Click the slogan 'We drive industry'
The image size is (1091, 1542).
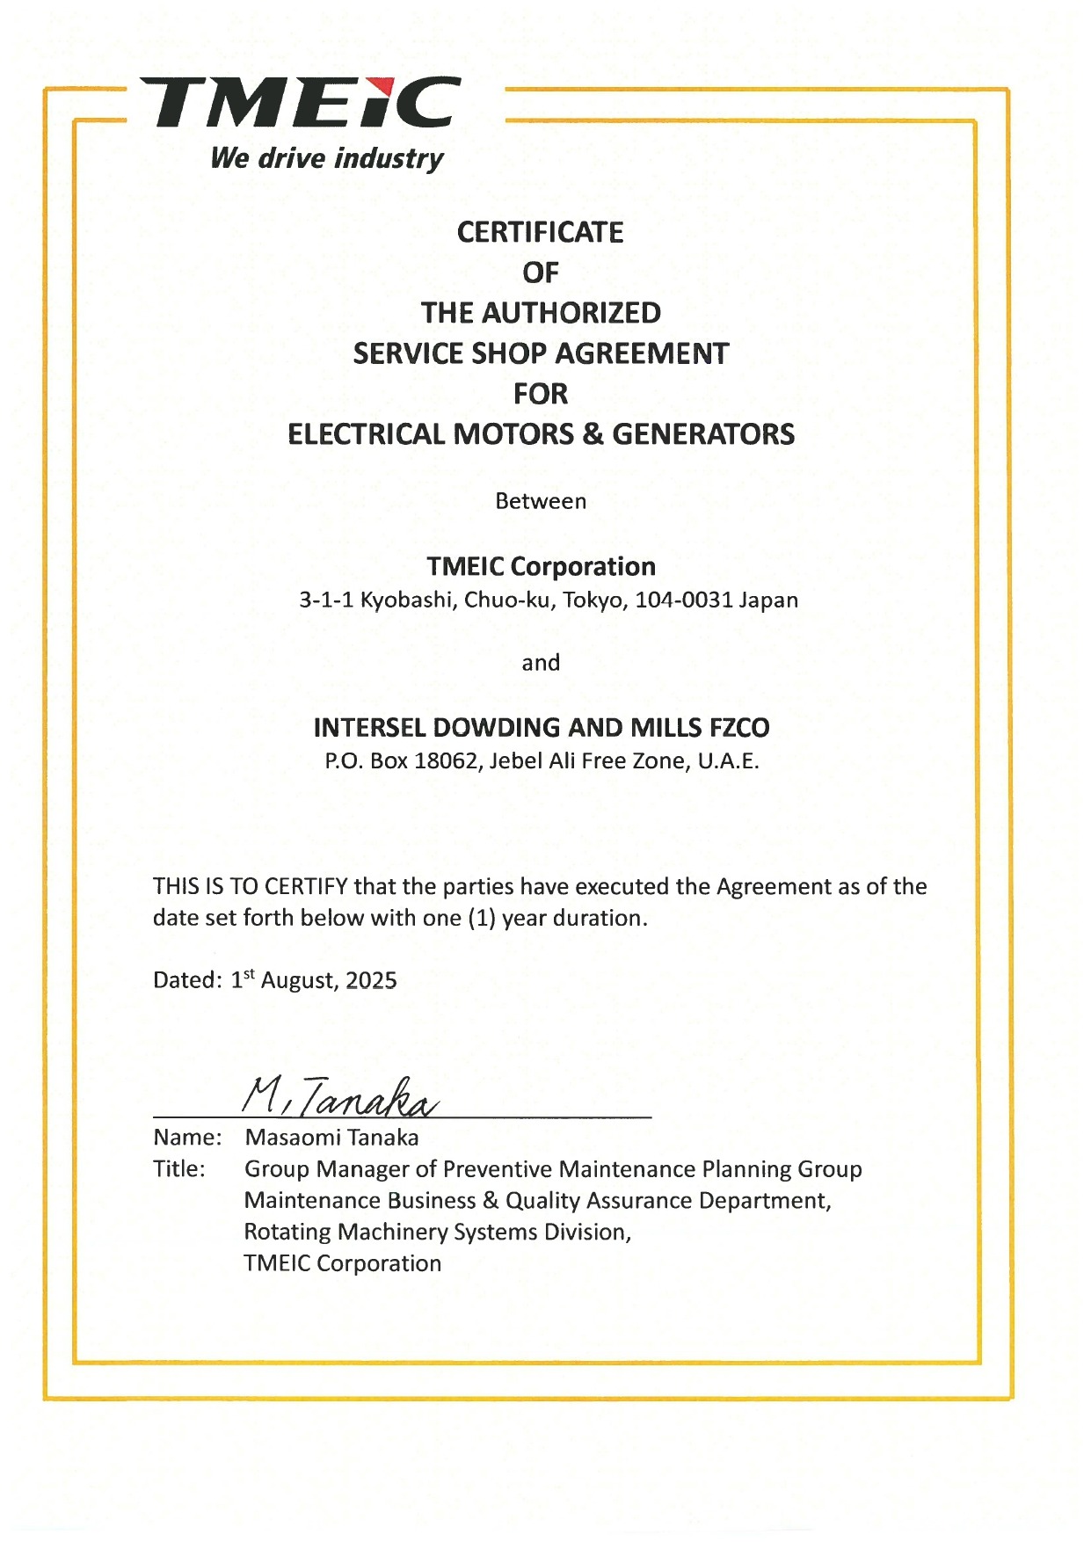click(327, 158)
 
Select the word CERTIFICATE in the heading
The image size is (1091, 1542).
click(540, 232)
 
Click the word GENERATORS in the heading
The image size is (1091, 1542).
click(702, 434)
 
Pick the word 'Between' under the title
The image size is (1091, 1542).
click(541, 501)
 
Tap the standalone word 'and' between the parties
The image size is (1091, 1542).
click(541, 663)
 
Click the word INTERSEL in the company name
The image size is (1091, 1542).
click(369, 728)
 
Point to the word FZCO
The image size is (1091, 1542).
click(738, 728)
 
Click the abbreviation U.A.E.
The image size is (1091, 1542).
click(728, 760)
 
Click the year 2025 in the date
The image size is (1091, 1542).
click(371, 980)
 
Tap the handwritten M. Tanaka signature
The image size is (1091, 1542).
click(338, 1097)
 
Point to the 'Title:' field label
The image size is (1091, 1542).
click(179, 1169)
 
